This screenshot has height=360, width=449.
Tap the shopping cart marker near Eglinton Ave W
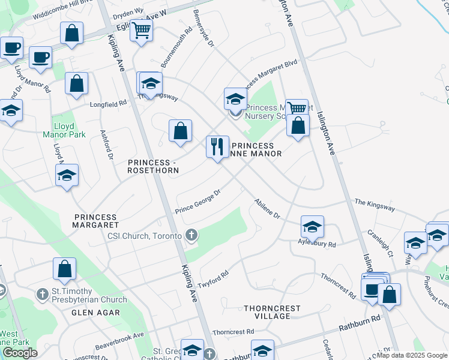click(142, 30)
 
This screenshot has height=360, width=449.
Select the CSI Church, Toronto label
click(144, 236)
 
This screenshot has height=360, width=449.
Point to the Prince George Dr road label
click(199, 202)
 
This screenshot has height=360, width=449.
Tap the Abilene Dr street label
click(267, 209)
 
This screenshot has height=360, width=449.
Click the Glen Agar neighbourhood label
click(96, 313)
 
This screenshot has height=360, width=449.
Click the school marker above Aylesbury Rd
click(312, 227)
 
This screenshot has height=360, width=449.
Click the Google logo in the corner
click(19, 353)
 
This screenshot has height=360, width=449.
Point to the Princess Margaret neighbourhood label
click(96, 221)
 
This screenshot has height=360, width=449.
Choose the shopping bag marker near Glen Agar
click(65, 270)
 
